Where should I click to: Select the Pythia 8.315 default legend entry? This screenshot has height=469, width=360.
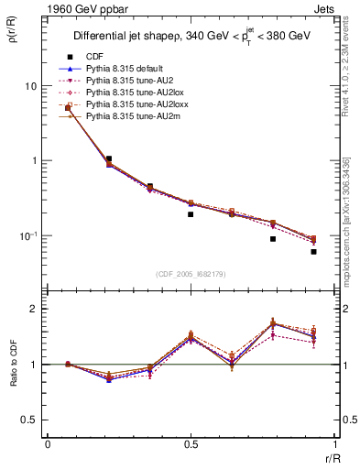point(123,69)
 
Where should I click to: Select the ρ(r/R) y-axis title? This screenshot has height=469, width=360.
point(12,37)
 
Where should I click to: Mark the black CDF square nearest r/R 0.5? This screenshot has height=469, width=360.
point(191,214)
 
